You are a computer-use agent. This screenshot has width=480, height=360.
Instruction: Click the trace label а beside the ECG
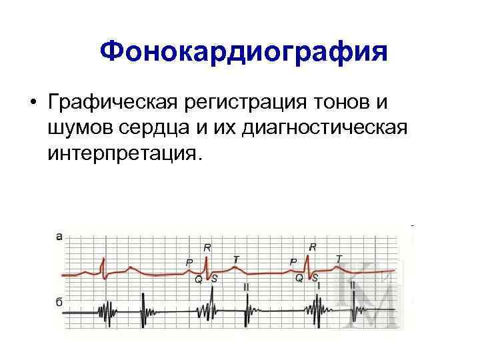point(59,235)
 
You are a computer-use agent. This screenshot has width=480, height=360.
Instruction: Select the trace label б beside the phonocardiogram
point(59,303)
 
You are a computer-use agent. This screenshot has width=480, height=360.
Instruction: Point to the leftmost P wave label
point(189,263)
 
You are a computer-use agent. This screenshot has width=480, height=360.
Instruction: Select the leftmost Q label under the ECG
point(198,280)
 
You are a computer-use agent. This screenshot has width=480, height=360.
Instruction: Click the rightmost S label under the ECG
point(315,278)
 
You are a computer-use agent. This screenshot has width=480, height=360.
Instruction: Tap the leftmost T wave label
point(236,259)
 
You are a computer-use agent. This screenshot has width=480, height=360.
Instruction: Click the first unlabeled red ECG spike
point(102,266)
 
